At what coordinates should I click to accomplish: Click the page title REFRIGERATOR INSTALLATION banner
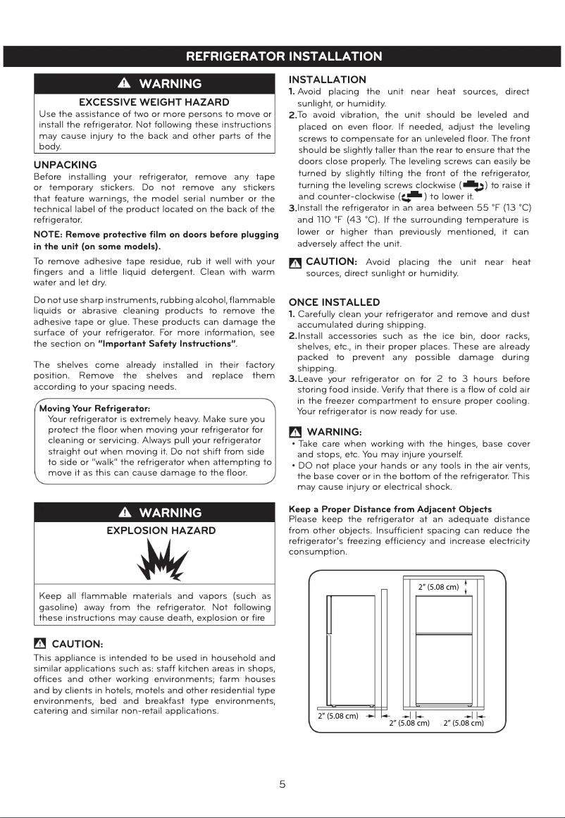pos(283,56)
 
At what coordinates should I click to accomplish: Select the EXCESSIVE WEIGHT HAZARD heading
pos(154,102)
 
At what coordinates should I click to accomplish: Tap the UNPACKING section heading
pos(66,165)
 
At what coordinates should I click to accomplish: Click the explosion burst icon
pos(154,562)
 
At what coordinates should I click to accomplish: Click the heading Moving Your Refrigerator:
pos(94,409)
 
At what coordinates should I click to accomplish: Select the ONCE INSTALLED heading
pos(334,302)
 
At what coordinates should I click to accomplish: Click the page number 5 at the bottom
pos(282,785)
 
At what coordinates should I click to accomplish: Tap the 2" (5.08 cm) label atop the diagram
pos(438,586)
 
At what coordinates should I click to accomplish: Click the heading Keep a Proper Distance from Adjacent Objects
pos(390,509)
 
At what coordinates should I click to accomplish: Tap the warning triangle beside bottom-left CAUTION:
pos(40,644)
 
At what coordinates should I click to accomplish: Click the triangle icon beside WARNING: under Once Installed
pos(296,432)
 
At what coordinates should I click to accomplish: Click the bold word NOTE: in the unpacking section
pos(48,235)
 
